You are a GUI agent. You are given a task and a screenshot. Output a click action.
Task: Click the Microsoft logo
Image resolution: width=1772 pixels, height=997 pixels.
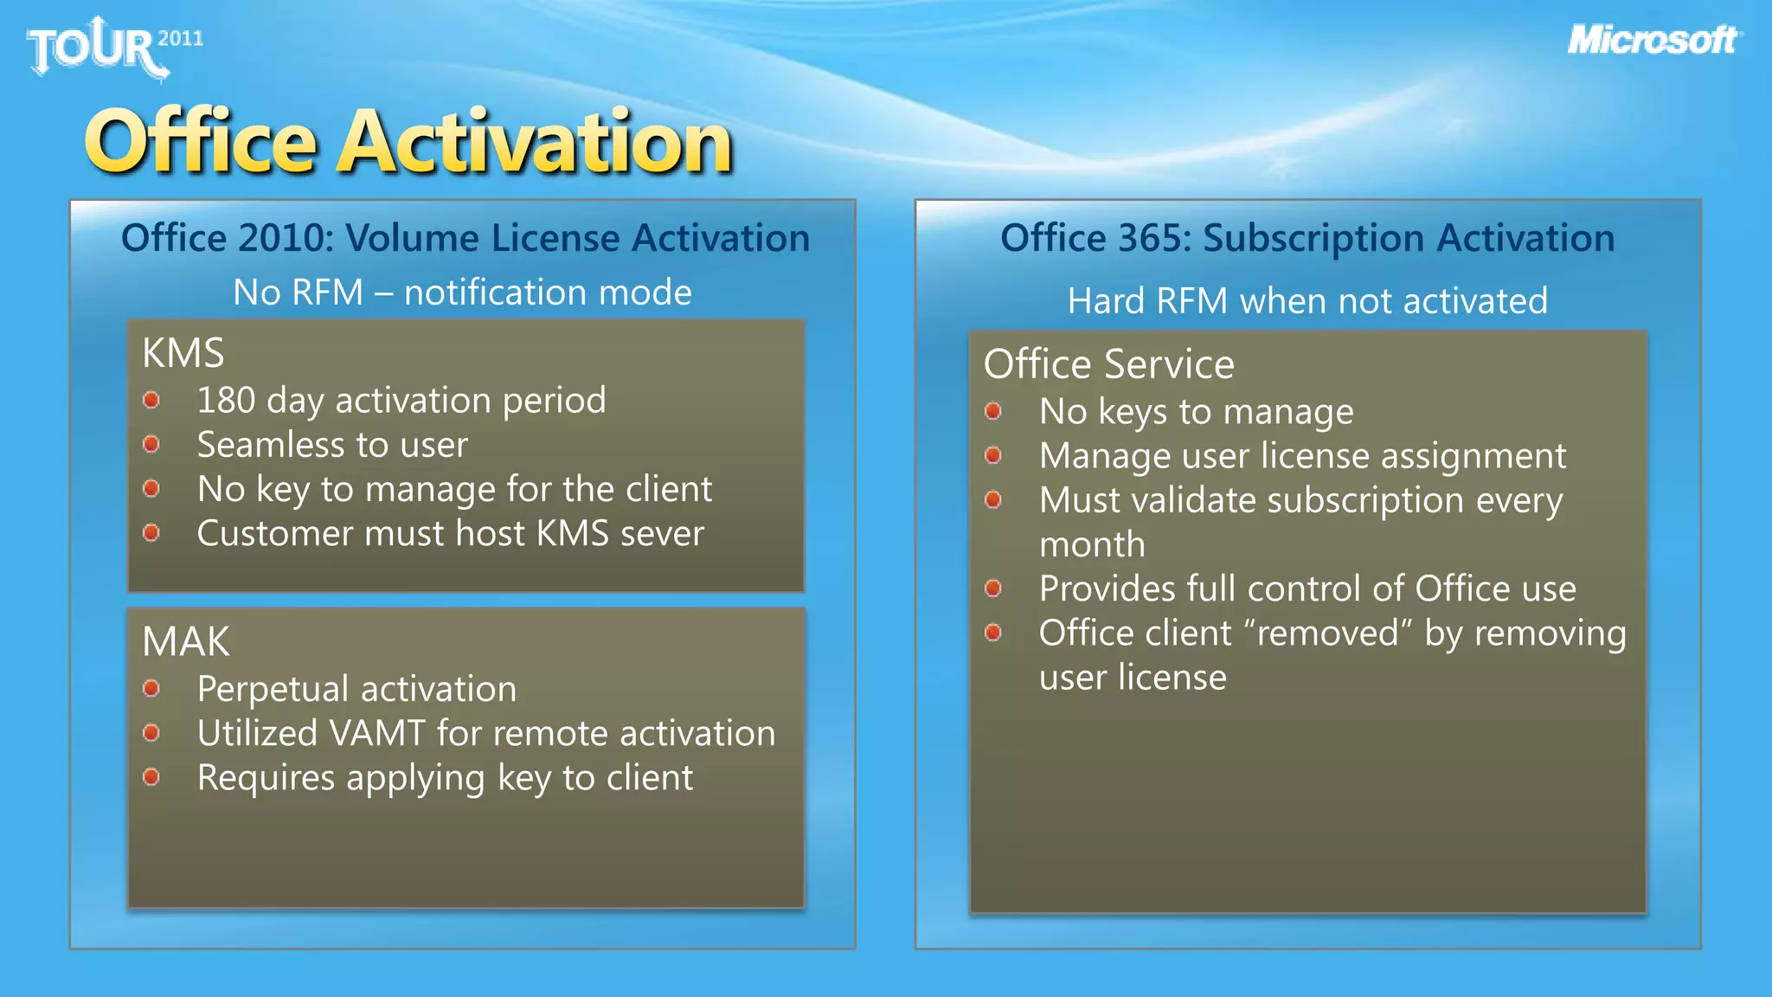[x=1653, y=40]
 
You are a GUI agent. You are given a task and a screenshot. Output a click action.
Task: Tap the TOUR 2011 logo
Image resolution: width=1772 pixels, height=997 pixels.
[x=112, y=48]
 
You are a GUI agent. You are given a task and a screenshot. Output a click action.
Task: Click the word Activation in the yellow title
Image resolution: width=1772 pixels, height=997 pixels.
[x=535, y=141]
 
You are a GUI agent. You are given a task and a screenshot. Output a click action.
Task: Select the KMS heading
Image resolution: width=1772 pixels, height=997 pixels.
[x=183, y=353]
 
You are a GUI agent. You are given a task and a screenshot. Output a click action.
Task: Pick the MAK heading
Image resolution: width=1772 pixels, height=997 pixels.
[x=186, y=642]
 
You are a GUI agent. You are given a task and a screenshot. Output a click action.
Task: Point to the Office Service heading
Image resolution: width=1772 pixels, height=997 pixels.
[x=1108, y=364]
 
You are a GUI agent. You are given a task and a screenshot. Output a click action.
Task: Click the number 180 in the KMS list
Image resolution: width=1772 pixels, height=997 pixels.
[x=226, y=401]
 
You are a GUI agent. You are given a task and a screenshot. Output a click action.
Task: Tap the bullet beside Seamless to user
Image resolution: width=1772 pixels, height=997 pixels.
[x=151, y=444]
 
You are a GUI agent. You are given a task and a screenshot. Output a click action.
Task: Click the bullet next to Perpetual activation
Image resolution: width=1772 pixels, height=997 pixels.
[x=151, y=688]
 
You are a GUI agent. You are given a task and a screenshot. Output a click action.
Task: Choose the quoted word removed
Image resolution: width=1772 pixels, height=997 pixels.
[x=1327, y=634]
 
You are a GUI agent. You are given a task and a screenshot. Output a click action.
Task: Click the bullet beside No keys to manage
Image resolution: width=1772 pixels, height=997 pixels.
[x=993, y=411]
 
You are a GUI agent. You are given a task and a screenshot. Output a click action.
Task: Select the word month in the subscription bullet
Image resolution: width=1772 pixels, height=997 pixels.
[x=1092, y=545]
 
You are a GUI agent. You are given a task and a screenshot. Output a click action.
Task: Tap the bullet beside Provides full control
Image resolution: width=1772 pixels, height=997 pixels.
[x=993, y=589]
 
